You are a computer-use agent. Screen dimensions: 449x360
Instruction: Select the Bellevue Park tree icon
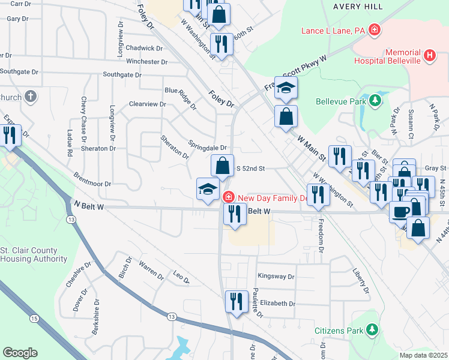click(375, 100)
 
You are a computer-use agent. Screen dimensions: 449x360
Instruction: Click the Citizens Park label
click(339, 330)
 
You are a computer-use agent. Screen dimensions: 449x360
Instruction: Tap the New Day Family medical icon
click(228, 197)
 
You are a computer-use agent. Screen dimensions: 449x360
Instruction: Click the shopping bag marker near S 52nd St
click(222, 167)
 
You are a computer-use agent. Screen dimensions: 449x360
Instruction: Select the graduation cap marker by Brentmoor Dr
click(208, 189)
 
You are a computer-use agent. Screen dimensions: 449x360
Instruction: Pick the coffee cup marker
click(400, 211)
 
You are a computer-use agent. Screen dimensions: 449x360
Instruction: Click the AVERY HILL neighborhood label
click(361, 6)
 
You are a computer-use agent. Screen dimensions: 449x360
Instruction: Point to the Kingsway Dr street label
click(276, 277)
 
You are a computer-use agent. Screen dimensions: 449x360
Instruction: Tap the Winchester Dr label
click(146, 62)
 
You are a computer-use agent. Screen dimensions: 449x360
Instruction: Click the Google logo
click(20, 352)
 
